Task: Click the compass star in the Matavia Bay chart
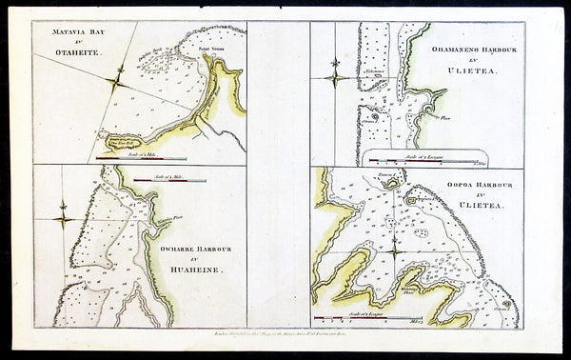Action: click(117, 84)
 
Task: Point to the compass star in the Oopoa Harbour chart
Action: click(394, 246)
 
